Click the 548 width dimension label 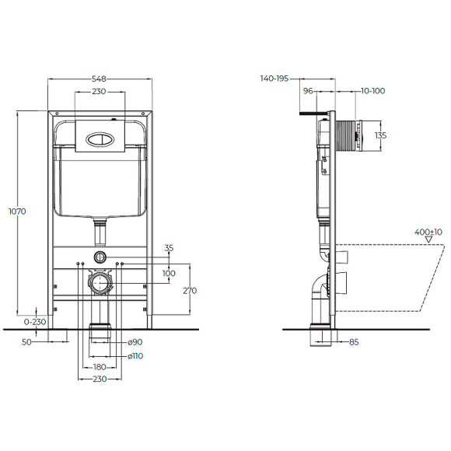point(98,79)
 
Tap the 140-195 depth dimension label point(275,79)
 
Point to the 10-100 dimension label point(373,92)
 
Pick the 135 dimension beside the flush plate point(380,135)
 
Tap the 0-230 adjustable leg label point(33,320)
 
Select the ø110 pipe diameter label point(136,355)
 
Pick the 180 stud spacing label point(100,367)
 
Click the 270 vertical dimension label point(190,291)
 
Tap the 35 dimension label point(170,249)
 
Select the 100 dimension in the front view point(170,273)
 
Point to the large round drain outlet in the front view point(99,282)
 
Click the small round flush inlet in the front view point(99,257)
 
